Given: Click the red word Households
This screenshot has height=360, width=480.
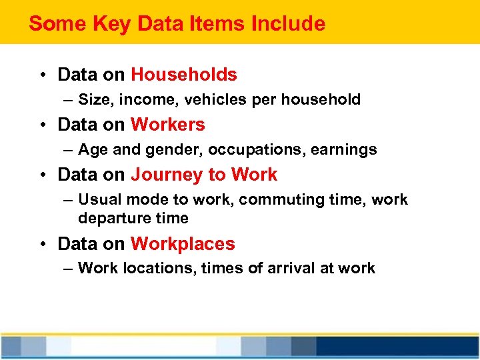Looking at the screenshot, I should pyautogui.click(x=184, y=74).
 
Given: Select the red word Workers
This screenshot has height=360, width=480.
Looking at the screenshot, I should pyautogui.click(x=168, y=125).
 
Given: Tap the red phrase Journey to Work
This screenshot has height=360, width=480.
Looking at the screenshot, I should pyautogui.click(x=204, y=175).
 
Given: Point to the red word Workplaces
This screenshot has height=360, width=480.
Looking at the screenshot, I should pyautogui.click(x=183, y=244).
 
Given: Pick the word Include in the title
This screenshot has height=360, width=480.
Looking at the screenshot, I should pyautogui.click(x=288, y=24).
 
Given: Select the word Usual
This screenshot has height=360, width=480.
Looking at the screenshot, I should pyautogui.click(x=97, y=200).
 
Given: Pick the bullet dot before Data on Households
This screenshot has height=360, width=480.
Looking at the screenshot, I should pyautogui.click(x=41, y=75).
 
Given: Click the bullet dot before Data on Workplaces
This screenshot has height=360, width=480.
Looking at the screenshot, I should pyautogui.click(x=41, y=245).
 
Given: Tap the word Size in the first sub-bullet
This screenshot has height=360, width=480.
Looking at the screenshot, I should pyautogui.click(x=93, y=100).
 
